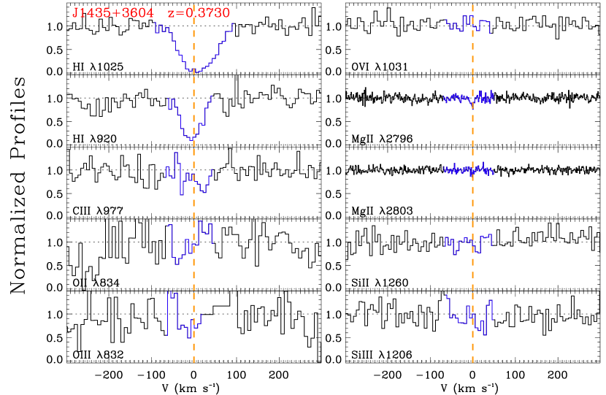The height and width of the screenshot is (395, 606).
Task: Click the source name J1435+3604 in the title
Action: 112,13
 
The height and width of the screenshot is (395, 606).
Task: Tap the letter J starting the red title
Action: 75,13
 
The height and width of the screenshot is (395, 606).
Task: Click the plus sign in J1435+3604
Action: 114,13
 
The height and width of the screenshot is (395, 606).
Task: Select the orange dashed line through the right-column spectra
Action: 472,197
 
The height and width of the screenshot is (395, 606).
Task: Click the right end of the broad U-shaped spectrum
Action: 232,24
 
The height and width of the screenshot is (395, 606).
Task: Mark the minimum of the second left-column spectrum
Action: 192,138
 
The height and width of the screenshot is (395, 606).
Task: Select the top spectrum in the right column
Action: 467,25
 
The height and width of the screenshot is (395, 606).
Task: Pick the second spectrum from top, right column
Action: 468,97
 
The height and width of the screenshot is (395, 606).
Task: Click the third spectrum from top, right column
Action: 468,169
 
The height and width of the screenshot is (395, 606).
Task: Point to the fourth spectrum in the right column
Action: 467,243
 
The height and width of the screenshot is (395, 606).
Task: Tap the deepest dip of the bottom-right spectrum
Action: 483,334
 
